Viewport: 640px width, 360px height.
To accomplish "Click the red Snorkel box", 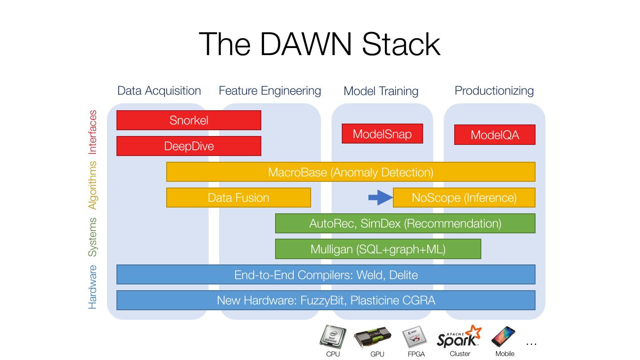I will coord(188,120).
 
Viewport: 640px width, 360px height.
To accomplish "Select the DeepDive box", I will coord(188,146).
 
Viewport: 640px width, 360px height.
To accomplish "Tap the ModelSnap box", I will coord(382,134).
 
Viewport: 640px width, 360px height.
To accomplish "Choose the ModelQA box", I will coord(495,135).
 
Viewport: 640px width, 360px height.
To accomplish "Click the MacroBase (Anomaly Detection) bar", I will coord(351,172).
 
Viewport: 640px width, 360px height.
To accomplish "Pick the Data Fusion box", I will coord(238,198).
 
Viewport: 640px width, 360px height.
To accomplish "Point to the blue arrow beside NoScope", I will coord(380,198).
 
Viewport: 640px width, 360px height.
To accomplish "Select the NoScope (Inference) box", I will coord(464,198).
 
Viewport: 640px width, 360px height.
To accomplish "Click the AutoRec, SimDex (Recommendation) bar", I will coord(405,224).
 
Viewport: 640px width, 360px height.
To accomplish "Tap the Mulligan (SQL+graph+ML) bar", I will coord(378,249).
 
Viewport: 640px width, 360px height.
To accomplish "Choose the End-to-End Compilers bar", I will coord(326,275).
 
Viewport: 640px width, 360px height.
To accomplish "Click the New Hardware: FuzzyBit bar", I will coord(326,300).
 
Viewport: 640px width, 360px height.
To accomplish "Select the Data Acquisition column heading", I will coord(159,91).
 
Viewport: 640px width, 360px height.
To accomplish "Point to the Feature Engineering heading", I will coord(270,91).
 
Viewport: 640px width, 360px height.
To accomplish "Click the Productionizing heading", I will coord(494,91).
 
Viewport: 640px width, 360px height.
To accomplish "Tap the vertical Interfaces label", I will coord(92,132).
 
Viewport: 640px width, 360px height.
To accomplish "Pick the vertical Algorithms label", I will coord(92,185).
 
